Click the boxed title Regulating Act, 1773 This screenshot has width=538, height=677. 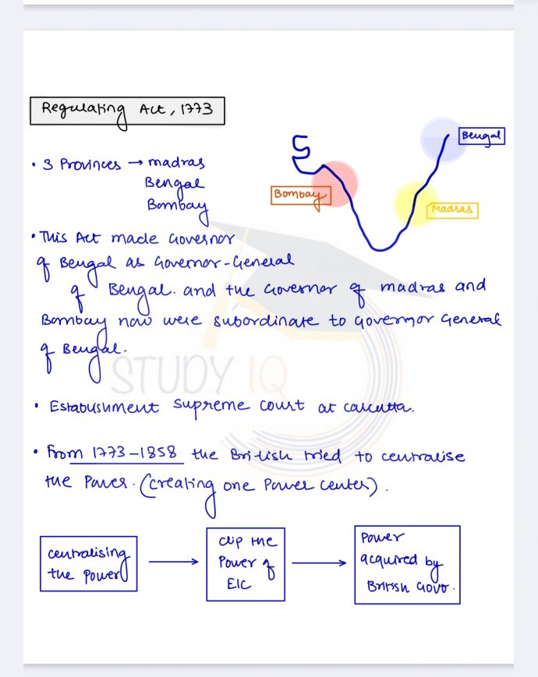(127, 111)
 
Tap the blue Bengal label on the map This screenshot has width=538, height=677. (481, 136)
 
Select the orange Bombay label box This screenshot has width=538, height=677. (300, 195)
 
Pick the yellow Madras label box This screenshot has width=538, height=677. (452, 210)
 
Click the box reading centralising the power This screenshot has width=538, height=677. (88, 562)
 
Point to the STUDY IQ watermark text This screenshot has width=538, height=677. (199, 372)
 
